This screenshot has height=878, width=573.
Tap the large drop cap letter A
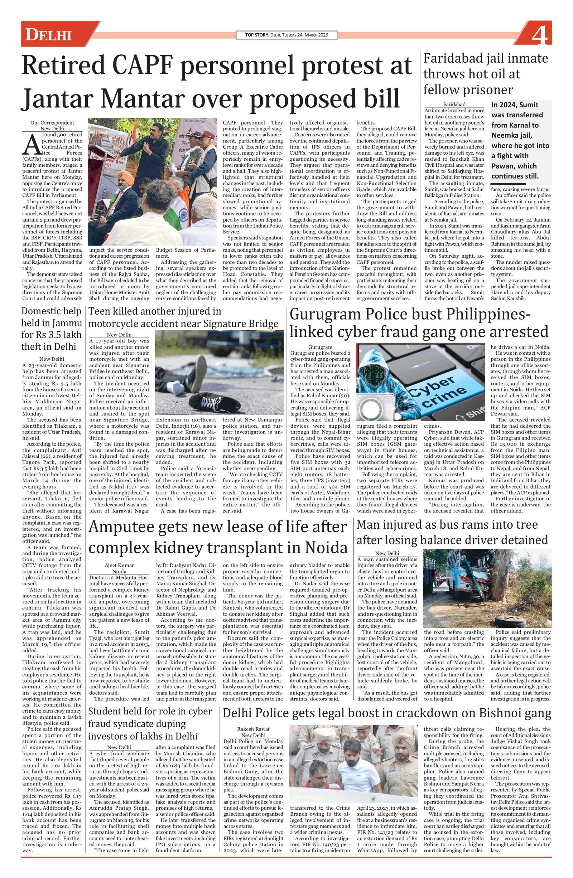(x=29, y=145)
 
